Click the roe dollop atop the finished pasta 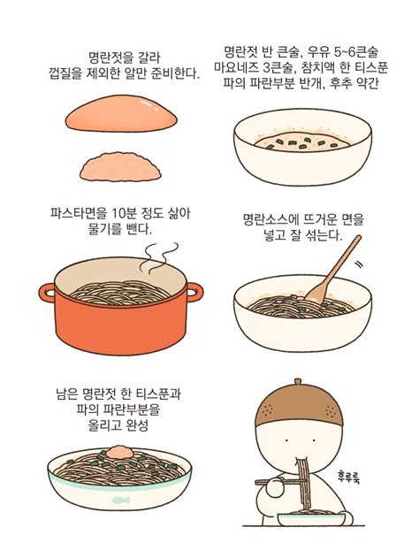120,456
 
